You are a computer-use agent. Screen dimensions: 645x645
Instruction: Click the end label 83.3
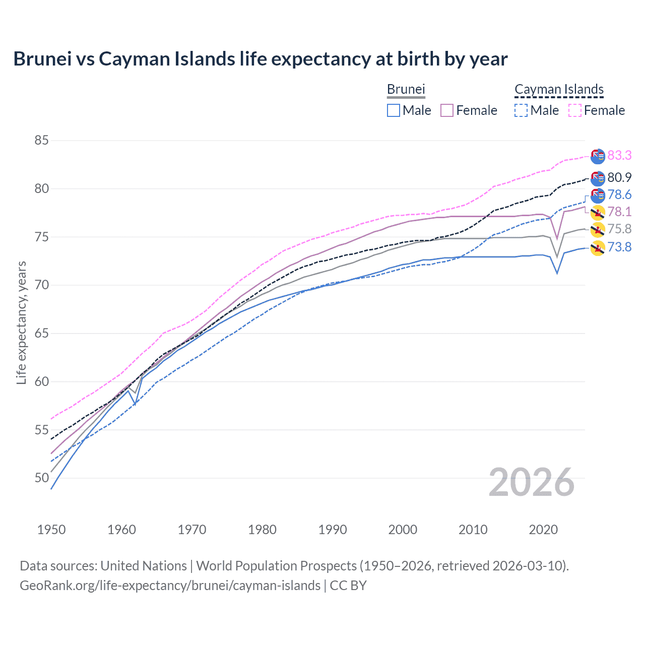[619, 155]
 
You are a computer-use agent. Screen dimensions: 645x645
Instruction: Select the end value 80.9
[619, 177]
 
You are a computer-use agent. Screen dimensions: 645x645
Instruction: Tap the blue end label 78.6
[619, 195]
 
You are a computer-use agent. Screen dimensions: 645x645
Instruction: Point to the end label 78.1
[619, 212]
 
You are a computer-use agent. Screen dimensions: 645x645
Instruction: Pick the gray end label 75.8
[619, 229]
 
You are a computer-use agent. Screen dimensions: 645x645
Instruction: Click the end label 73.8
[619, 247]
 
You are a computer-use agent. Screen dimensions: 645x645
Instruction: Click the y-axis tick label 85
[41, 140]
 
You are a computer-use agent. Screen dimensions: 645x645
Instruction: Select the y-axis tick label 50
[41, 478]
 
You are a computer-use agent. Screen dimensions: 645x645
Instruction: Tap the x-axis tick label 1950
[51, 530]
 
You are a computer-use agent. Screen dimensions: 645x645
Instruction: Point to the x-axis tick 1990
[332, 530]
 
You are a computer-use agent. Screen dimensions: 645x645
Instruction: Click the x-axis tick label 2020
[543, 530]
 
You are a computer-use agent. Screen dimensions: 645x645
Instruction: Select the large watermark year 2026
[532, 482]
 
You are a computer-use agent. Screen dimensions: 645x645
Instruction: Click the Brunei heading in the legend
[406, 89]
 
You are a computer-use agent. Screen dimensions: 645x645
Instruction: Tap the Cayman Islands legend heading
[559, 89]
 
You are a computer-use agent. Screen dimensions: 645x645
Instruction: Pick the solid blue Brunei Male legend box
[394, 110]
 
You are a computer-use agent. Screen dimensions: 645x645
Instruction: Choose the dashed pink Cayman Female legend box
[575, 110]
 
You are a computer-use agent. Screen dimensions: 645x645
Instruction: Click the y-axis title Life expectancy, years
[21, 322]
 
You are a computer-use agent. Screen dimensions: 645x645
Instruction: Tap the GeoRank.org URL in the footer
[170, 586]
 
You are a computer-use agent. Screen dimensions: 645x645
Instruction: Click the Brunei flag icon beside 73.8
[598, 248]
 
